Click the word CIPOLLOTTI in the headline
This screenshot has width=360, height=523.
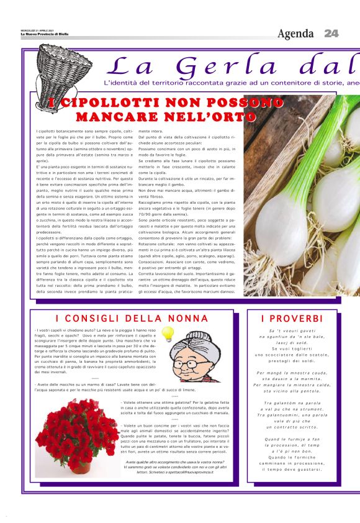(99, 103)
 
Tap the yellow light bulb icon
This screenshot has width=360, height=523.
(166, 334)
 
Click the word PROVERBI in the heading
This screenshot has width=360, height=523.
(292, 319)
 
